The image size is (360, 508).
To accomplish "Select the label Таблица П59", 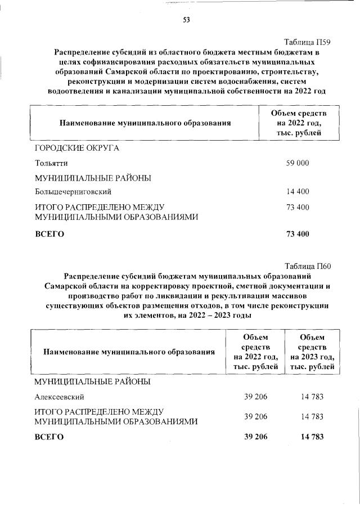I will click(308, 42).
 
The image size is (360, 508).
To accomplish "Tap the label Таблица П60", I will click(308, 266).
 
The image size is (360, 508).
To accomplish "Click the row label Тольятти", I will click(51, 163).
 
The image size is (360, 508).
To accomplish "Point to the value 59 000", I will click(298, 163).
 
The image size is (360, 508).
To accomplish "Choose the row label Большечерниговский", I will click(71, 192).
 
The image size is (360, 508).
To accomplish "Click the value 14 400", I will click(298, 192).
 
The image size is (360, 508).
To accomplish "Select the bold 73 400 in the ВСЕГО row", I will click(298, 234).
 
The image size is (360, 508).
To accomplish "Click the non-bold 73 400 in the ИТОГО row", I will click(298, 207).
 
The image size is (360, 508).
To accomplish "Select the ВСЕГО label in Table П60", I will click(49, 437).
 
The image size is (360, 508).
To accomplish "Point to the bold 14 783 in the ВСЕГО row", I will click(312, 437).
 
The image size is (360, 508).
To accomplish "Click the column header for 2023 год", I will click(312, 352).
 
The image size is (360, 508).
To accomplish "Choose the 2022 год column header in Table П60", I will click(256, 352).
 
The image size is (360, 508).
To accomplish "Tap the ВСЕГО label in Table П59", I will click(49, 234).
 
